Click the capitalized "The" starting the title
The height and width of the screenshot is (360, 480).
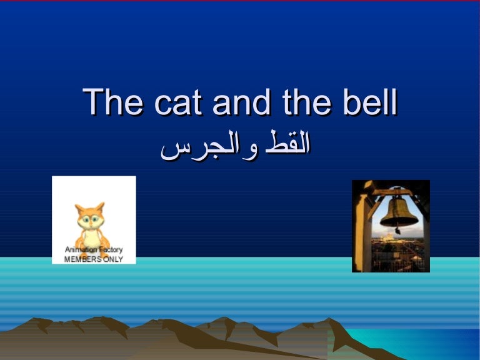point(113,103)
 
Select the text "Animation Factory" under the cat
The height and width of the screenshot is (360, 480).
point(94,251)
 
